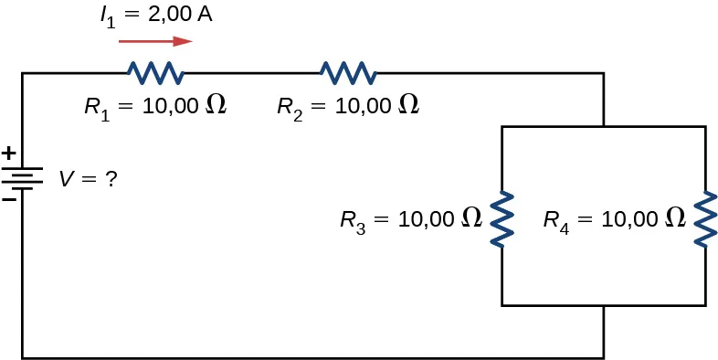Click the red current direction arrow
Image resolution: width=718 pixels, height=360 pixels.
tap(155, 41)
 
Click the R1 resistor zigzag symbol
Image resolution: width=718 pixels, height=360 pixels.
tap(154, 72)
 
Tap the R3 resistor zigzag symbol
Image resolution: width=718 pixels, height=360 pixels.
tap(502, 217)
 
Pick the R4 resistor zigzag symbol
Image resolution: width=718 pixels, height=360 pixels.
tap(705, 217)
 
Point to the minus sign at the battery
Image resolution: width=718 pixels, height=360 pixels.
tap(8, 197)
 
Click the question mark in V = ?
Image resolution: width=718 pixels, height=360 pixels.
tap(111, 180)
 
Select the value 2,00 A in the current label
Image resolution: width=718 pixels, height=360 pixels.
tap(182, 16)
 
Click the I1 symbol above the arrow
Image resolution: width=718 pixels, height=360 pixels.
tap(109, 17)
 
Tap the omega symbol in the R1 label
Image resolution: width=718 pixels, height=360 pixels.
tap(216, 105)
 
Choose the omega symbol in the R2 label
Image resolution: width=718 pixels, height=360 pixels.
tap(409, 105)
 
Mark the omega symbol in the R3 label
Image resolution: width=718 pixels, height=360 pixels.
tap(471, 218)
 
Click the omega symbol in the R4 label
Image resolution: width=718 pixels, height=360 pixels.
tap(675, 218)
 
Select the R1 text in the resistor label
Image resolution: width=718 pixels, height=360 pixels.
tap(95, 107)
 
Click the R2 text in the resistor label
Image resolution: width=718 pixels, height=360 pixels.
tap(289, 107)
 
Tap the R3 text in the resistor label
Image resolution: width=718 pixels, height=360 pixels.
tap(352, 220)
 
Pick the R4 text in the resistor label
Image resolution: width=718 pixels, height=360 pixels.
tap(555, 220)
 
